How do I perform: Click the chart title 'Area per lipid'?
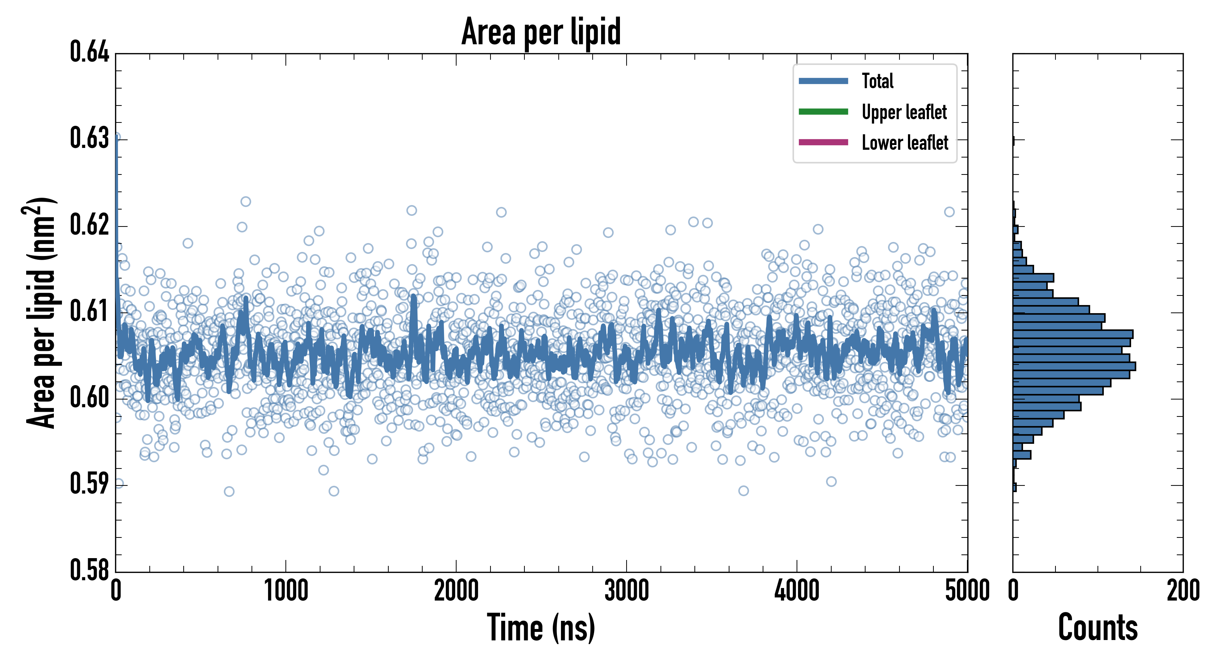point(541,32)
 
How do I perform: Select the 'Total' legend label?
point(877,81)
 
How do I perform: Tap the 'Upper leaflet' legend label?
point(904,112)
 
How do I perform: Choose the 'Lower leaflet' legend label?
point(905,143)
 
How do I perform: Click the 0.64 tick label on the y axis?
point(89,52)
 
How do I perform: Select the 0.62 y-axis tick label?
point(89,225)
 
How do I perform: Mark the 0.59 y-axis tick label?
point(89,484)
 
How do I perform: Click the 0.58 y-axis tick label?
point(89,570)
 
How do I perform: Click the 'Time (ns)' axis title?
point(541,628)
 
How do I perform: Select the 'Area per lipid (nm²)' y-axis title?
point(40,313)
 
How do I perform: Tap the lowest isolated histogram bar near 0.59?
point(1014,487)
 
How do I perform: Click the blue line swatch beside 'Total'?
point(823,81)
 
